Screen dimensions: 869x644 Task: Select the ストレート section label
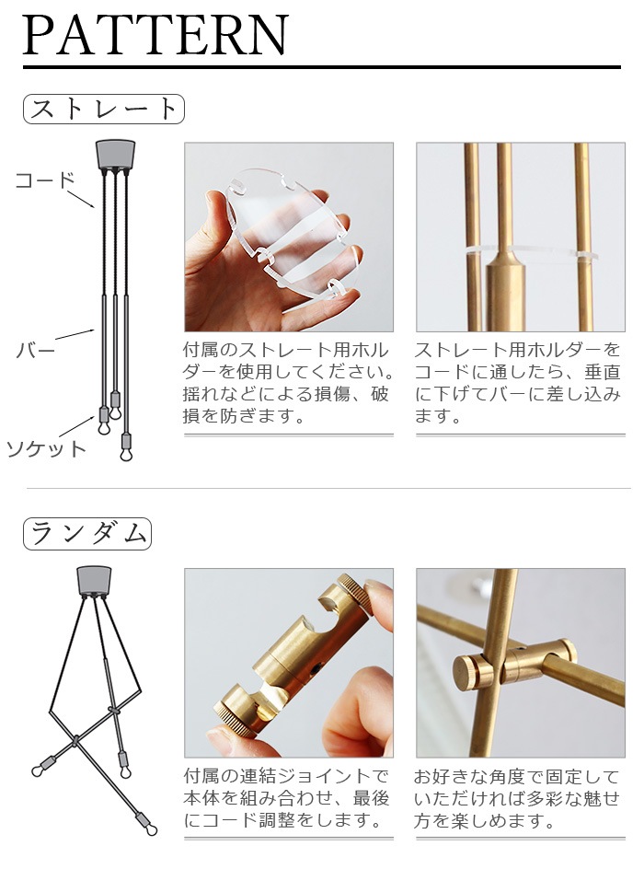[103, 110]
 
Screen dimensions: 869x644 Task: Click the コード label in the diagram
[44, 180]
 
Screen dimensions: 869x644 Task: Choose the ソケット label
[46, 449]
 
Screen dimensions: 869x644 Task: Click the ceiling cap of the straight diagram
[115, 153]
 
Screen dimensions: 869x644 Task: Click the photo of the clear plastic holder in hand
[289, 237]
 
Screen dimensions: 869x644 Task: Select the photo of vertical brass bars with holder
[521, 237]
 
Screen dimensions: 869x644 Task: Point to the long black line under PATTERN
[321, 67]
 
